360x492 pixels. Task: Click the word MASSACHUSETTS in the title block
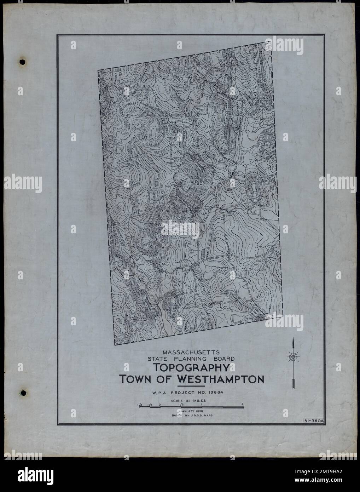[191, 352]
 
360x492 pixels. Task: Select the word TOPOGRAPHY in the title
[192, 368]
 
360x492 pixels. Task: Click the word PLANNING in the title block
[192, 359]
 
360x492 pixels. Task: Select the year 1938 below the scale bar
[198, 411]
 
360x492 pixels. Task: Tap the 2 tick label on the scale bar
[243, 404]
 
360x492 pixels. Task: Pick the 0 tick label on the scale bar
[160, 404]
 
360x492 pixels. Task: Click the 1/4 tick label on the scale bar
[150, 404]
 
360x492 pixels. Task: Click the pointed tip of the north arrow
[293, 339]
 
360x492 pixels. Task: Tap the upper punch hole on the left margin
[23, 62]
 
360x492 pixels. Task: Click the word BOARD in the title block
[222, 359]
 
